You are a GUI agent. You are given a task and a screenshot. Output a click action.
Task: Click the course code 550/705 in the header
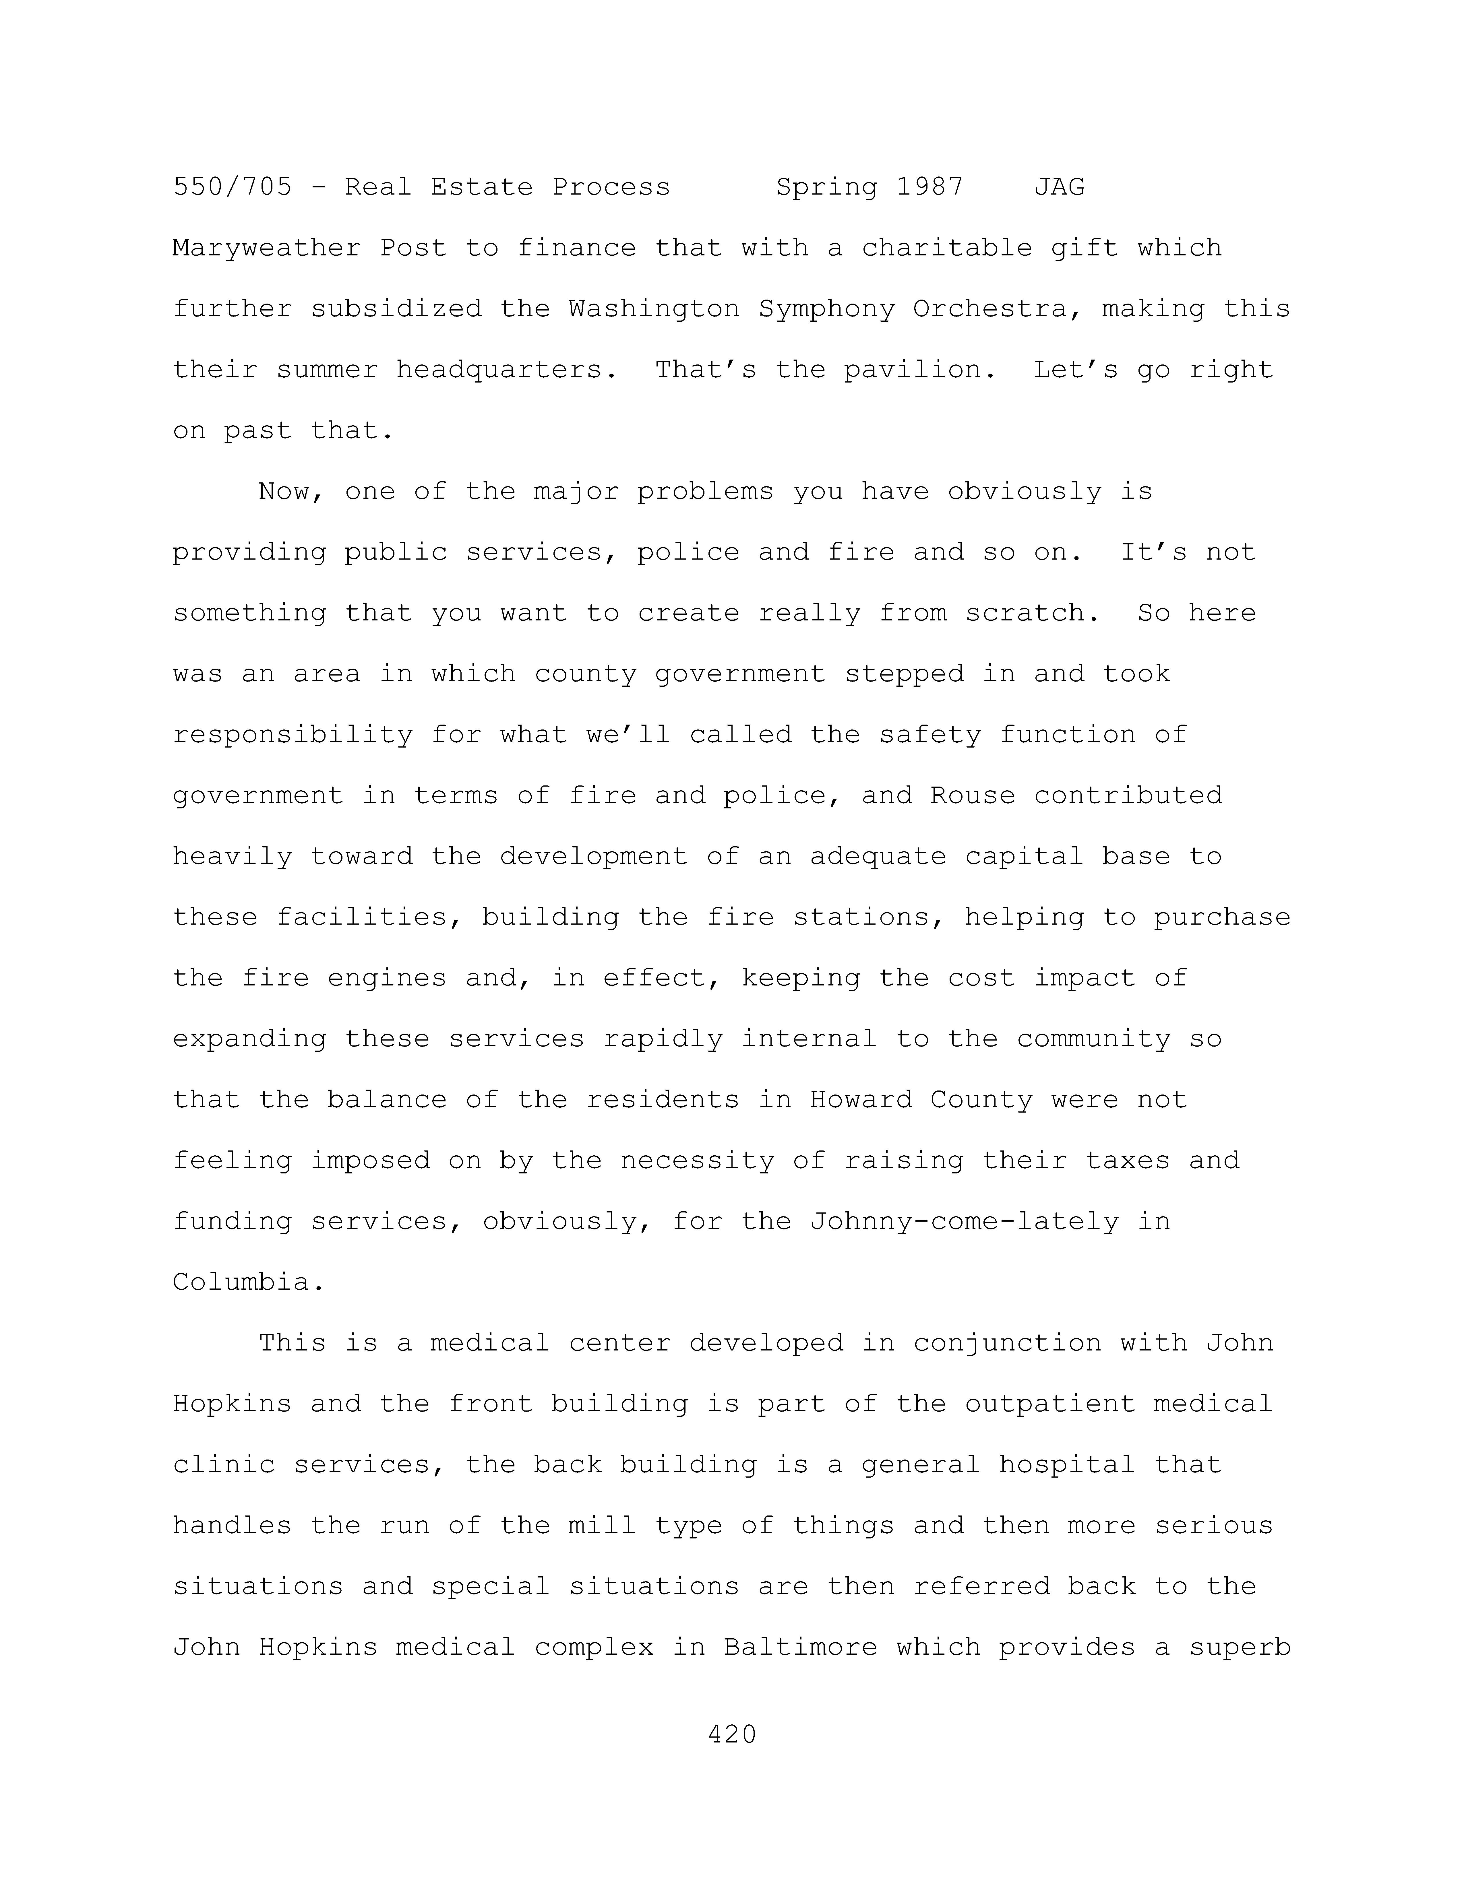[x=233, y=187]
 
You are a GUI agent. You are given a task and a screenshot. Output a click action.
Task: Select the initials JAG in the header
[x=1059, y=187]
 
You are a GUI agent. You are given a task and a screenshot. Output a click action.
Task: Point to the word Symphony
[x=826, y=310]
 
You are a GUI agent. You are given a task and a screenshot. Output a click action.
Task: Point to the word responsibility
[x=292, y=736]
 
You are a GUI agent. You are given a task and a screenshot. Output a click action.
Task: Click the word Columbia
[x=249, y=1283]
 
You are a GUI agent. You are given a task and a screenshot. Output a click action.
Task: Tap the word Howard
[x=860, y=1101]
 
